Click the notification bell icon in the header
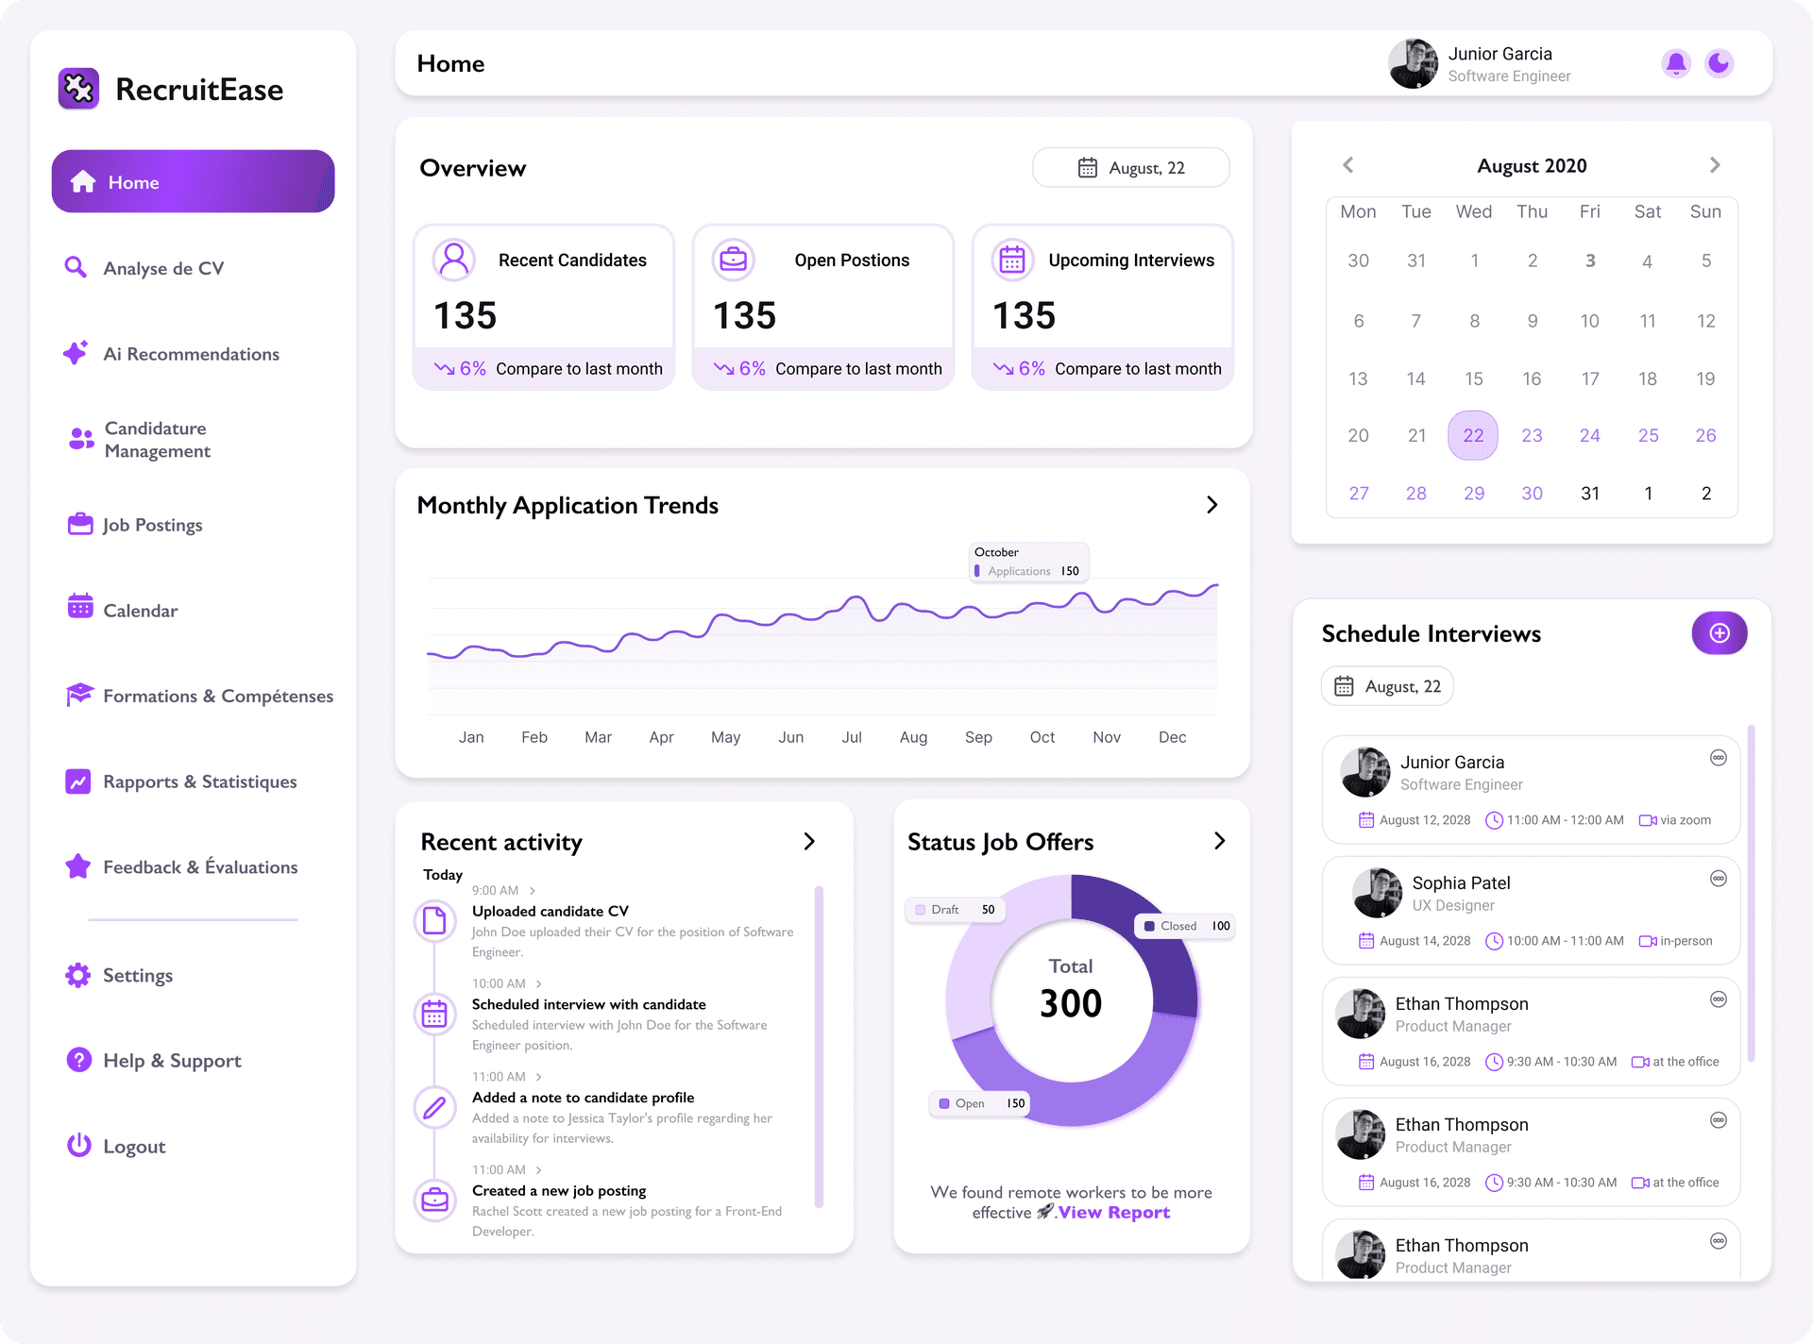1676,63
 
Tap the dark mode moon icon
1719,63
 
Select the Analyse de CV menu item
163,268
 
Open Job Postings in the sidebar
152,525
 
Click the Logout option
133,1147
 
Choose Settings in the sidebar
137,975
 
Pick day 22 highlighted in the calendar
1473,435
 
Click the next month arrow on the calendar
1715,165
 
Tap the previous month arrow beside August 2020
1348,165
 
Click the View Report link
1114,1213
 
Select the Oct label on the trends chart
1042,737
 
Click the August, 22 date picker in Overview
1131,168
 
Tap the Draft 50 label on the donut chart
955,910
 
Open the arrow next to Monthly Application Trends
1212,505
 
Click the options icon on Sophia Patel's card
1719,879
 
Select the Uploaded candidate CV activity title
550,911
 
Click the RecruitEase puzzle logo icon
78,89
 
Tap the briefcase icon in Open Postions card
734,259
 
